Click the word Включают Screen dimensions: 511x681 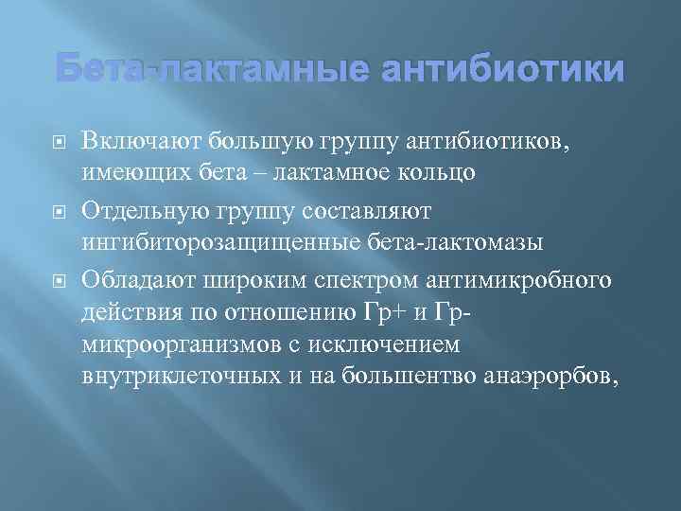pyautogui.click(x=129, y=142)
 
